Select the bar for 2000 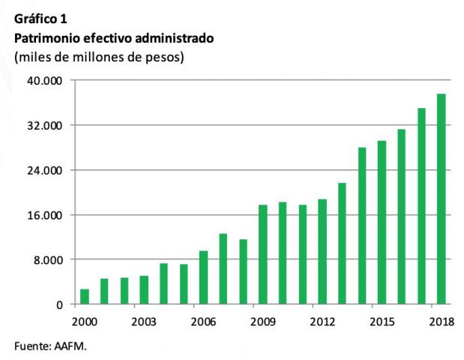85,297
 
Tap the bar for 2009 263,255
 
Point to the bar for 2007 223,269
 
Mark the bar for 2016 402,217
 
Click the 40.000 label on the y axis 47,80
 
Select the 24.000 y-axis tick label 47,170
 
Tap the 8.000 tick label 50,260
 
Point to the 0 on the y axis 60,305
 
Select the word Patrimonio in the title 45,37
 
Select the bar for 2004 164,284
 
